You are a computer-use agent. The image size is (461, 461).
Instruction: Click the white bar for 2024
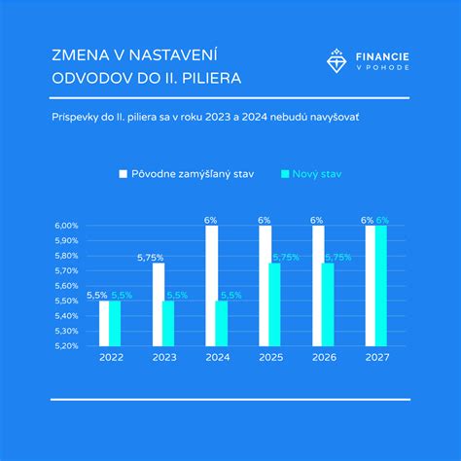211,286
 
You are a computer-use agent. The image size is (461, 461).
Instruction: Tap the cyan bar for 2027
381,286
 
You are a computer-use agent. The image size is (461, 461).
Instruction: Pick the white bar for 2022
104,323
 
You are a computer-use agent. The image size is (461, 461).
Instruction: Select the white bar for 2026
317,286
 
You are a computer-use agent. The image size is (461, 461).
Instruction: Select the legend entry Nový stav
317,174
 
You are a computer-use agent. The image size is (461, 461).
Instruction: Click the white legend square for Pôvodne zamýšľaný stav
124,174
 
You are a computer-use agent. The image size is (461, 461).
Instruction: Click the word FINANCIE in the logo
382,55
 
